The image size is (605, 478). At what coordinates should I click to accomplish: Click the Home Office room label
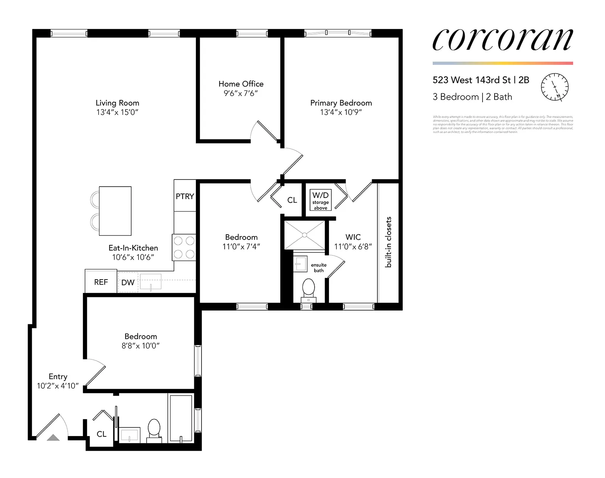pos(241,84)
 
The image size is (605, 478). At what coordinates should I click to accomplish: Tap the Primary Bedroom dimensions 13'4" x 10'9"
pos(341,112)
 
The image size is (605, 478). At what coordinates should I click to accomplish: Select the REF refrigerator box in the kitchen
pos(101,282)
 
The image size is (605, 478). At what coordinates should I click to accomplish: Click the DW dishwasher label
pos(128,282)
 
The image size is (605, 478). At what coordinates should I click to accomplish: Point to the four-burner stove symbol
pos(184,248)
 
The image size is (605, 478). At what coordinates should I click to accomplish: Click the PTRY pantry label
pos(185,196)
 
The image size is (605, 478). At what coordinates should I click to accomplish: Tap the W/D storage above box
pos(320,200)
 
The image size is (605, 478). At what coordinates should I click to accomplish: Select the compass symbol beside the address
pos(555,87)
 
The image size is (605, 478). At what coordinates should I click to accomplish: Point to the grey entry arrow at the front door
pos(53,438)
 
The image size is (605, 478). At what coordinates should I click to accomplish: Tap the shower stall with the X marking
pos(304,235)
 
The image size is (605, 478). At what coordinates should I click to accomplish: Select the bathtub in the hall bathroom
pos(181,418)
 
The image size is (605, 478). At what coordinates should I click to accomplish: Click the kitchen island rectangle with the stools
pos(115,211)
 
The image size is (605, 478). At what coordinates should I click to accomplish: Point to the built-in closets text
pos(388,242)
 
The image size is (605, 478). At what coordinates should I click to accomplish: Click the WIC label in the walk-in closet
pos(353,237)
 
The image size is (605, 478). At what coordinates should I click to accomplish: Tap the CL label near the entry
pos(101,434)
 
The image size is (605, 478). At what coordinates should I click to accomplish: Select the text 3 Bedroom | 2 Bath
pos(472,97)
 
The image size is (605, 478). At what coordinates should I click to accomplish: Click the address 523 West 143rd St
pos(472,80)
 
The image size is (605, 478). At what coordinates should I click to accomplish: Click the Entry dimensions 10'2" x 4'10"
pos(58,386)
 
